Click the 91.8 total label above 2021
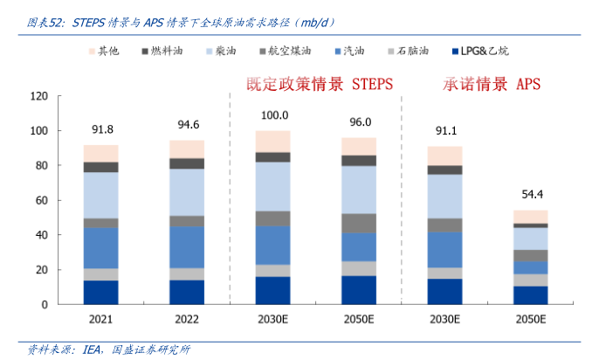coord(101,130)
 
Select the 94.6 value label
coord(187,124)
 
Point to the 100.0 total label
coord(273,115)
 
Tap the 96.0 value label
coord(359,122)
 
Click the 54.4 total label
coord(530,195)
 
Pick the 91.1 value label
coord(444,131)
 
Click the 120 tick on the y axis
coord(38,96)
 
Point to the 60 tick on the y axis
coord(40,200)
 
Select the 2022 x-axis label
coord(187,318)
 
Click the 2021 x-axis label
coord(101,318)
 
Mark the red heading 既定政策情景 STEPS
coord(319,84)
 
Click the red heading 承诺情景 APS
coord(492,84)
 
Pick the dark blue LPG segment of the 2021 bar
coord(101,292)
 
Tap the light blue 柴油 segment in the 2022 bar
coord(187,192)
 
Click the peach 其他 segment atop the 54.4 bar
coord(530,217)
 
